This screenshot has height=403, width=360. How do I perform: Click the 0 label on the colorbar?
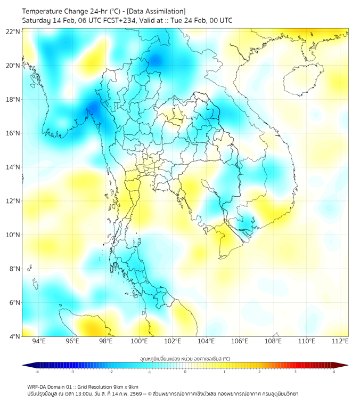[x=185, y=372]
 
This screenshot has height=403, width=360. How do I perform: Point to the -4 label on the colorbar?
[x=36, y=372]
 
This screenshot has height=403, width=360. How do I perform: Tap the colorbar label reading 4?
[x=334, y=372]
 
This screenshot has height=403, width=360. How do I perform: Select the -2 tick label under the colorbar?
[x=110, y=372]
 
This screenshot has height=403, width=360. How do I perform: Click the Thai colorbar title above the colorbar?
[x=185, y=358]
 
